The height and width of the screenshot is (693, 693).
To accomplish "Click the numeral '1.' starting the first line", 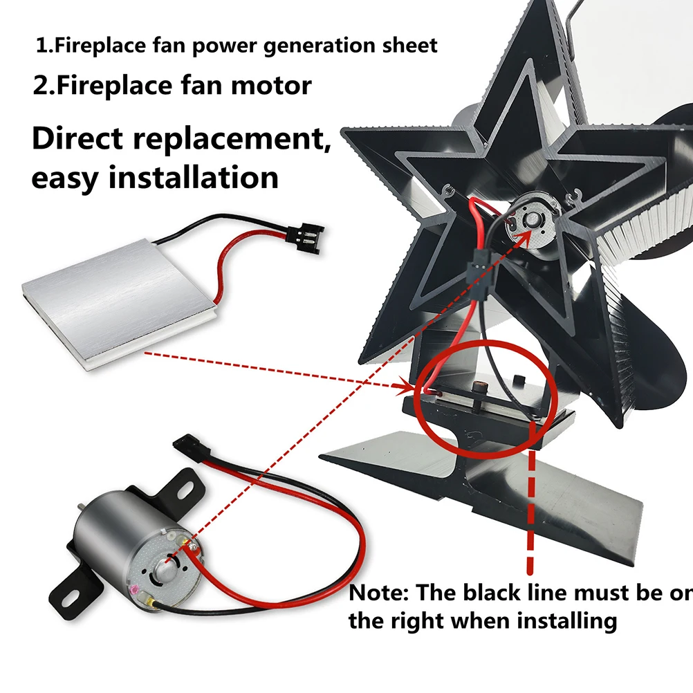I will coord(45,46).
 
